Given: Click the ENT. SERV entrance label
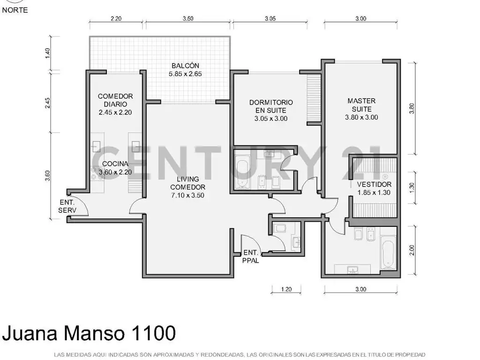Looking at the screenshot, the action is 67,206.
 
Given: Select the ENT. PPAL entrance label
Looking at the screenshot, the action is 251,256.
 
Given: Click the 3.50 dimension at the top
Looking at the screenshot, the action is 188,18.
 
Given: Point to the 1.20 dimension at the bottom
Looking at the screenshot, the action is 286,289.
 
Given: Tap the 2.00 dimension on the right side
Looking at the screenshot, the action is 412,250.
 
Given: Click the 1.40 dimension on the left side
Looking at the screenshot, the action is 47,53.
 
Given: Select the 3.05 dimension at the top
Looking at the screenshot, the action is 270,18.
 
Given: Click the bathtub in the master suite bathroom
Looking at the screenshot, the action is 388,252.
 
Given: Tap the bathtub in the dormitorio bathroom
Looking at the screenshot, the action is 243,172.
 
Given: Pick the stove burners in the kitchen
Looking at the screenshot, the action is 97,173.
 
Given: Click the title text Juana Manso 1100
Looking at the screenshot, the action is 89,333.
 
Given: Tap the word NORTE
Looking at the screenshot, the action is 15,10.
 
